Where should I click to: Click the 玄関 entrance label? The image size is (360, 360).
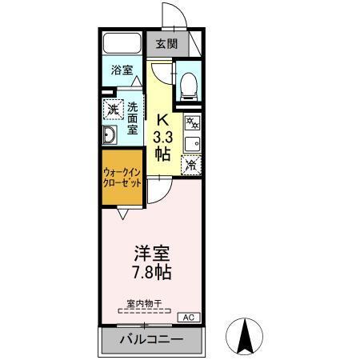coord(166,44)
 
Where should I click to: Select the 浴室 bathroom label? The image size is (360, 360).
coord(122,70)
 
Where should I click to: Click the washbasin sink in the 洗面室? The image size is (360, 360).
coord(110,135)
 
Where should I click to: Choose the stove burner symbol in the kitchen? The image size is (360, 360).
coord(193,123)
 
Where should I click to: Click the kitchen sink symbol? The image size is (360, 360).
coord(193,144)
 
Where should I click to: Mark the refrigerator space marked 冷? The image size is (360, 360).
coord(192,165)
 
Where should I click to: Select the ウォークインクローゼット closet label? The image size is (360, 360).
coord(122,178)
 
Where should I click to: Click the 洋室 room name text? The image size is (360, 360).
coord(151,254)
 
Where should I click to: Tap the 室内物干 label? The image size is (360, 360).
coord(144,303)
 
